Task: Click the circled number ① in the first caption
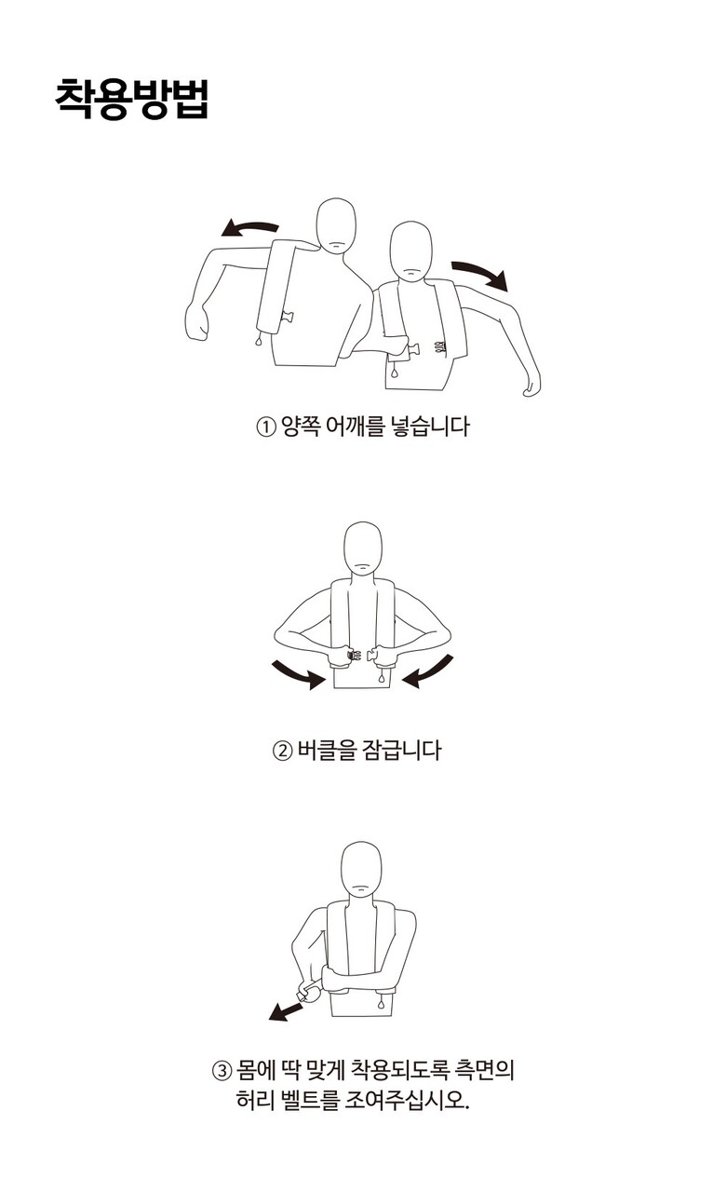pyautogui.click(x=265, y=427)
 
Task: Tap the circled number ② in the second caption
pyautogui.click(x=282, y=751)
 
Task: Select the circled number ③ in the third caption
pyautogui.click(x=222, y=1070)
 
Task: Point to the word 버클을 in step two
pyautogui.click(x=325, y=750)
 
